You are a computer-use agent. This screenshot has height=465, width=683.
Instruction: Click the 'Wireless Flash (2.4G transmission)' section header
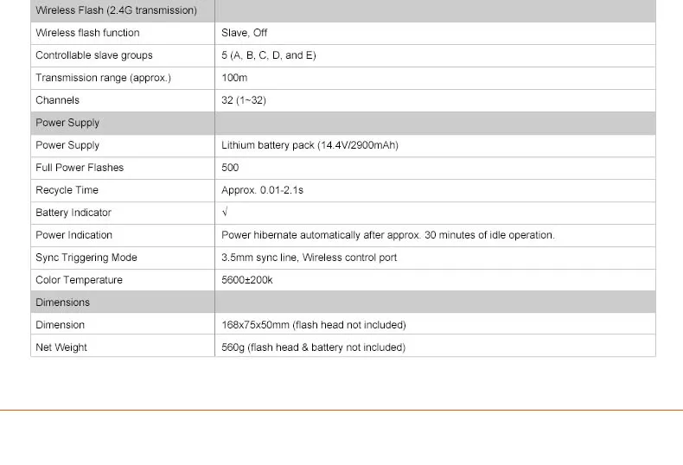(x=116, y=10)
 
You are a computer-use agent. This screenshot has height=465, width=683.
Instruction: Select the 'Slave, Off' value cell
(x=245, y=33)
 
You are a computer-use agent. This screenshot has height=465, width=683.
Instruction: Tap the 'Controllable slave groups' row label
(x=94, y=55)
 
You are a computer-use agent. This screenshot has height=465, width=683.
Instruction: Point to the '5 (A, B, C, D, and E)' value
(x=269, y=55)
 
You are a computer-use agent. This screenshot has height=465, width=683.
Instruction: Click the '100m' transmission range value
(x=234, y=78)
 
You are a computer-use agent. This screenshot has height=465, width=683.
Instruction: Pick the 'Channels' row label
(x=57, y=100)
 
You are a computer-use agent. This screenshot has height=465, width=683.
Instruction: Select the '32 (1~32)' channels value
(x=244, y=100)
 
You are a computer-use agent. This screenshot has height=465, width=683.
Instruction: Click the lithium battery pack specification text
(x=310, y=145)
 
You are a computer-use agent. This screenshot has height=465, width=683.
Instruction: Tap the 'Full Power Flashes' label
(x=80, y=168)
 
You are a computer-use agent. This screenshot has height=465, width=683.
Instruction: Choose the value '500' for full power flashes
(x=230, y=168)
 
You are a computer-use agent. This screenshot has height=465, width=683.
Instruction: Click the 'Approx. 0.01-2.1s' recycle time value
(x=263, y=190)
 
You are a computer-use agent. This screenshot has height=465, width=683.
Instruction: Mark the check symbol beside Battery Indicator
(x=225, y=213)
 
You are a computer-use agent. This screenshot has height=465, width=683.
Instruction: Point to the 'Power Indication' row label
(x=73, y=235)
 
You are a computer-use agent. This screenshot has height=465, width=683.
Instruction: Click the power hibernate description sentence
(x=388, y=235)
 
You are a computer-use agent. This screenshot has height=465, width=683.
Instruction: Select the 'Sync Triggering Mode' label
(x=86, y=258)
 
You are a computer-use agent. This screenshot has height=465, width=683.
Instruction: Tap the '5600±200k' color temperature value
(x=247, y=280)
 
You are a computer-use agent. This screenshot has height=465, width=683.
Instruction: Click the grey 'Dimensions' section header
(x=62, y=303)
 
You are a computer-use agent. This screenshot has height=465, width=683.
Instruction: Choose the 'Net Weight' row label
(x=61, y=347)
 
